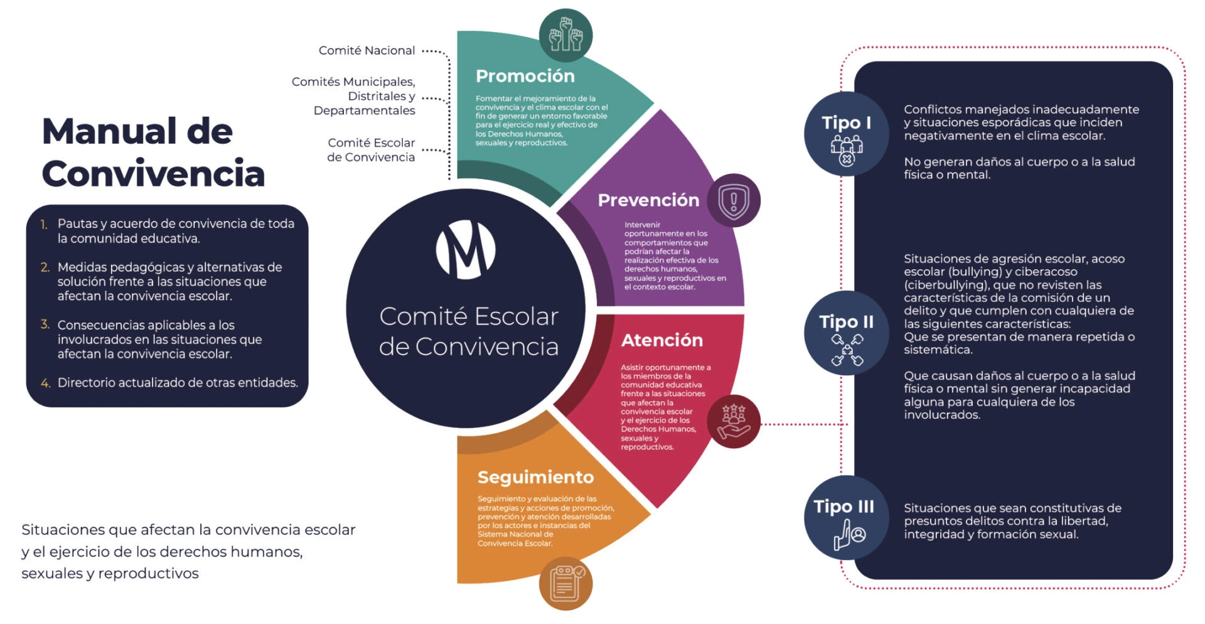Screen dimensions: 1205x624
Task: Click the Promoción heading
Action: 525,76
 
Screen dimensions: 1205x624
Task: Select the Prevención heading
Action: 648,200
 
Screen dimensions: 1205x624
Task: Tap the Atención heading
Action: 662,340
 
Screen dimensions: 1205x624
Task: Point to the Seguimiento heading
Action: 535,477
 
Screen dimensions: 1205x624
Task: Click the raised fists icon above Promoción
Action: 565,35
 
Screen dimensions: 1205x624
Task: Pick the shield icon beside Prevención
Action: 734,201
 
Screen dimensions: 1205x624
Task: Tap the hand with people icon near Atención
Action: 734,421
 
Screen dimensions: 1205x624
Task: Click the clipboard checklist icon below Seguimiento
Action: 565,583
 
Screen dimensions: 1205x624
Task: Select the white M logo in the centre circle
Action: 466,249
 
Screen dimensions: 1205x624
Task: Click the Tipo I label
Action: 846,122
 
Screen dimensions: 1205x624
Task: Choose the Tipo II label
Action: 846,321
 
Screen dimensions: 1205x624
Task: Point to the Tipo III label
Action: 843,506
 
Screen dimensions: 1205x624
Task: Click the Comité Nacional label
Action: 367,50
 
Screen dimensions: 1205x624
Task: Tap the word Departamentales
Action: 364,110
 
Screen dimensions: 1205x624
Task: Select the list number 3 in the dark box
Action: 45,325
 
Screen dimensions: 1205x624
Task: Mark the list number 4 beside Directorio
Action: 45,383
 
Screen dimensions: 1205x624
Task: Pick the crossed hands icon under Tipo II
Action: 847,350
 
